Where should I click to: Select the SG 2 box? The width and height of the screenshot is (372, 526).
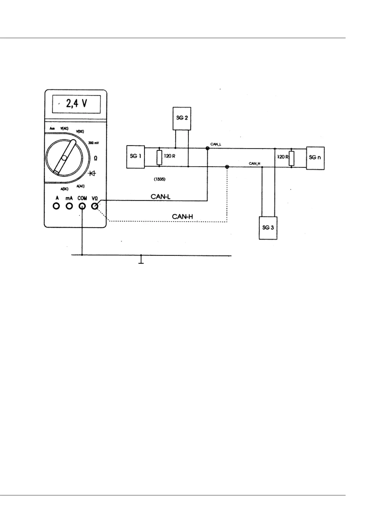pyautogui.click(x=182, y=118)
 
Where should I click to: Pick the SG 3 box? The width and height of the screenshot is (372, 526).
pyautogui.click(x=268, y=228)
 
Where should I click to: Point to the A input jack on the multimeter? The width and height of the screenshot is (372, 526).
pyautogui.click(x=57, y=206)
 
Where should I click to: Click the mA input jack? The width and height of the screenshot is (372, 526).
pyautogui.click(x=69, y=206)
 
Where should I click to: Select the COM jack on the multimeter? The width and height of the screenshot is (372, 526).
pyautogui.click(x=82, y=206)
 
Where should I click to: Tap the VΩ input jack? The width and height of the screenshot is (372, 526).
pyautogui.click(x=95, y=206)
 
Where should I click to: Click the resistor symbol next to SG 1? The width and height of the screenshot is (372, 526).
pyautogui.click(x=159, y=158)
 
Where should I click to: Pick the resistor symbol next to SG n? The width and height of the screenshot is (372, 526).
pyautogui.click(x=291, y=158)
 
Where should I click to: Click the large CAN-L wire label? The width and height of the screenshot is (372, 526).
pyautogui.click(x=160, y=196)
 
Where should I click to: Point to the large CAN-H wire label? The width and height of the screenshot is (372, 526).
pyautogui.click(x=183, y=216)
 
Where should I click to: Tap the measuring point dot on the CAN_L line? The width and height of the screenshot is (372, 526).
pyautogui.click(x=207, y=148)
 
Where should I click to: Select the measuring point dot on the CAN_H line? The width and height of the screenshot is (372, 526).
pyautogui.click(x=227, y=167)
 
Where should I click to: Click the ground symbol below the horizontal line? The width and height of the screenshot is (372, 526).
pyautogui.click(x=141, y=260)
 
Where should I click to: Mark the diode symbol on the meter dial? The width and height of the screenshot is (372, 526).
pyautogui.click(x=92, y=173)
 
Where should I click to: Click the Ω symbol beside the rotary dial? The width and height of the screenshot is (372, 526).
pyautogui.click(x=95, y=158)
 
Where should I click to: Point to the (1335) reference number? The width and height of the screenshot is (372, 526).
pyautogui.click(x=159, y=180)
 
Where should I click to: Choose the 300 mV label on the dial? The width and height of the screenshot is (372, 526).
pyautogui.click(x=94, y=143)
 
